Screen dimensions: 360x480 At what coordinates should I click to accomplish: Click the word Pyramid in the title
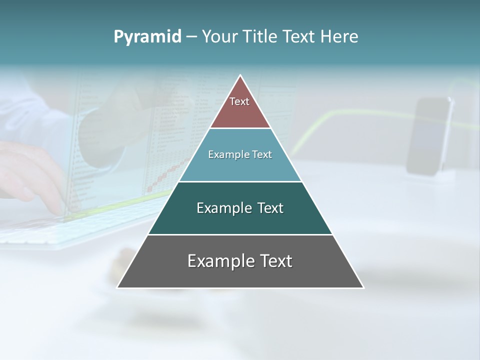coord(147,37)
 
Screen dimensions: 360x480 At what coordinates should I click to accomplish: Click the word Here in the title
coord(339,37)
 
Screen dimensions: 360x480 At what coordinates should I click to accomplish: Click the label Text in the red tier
coord(239,101)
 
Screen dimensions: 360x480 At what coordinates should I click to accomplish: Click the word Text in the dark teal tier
coord(270,208)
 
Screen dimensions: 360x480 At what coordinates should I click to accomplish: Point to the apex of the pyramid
coord(240,76)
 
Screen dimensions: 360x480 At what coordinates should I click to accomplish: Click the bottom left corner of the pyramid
coord(118,287)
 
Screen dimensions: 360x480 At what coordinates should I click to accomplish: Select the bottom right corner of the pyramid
coord(363,287)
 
